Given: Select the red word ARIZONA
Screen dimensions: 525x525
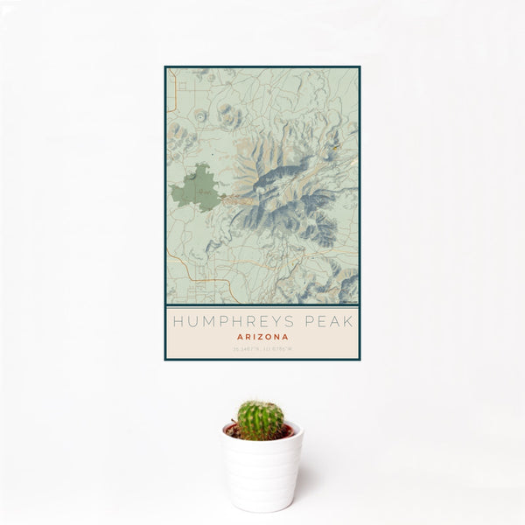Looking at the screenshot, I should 262,335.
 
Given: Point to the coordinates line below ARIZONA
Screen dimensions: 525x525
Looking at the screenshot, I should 262,347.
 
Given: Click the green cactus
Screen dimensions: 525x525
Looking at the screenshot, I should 261,419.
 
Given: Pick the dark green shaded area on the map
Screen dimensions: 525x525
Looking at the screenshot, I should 197,187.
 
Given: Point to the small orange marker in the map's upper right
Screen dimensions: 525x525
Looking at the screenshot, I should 335,146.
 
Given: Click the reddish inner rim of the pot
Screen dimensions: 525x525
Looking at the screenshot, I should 262,431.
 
